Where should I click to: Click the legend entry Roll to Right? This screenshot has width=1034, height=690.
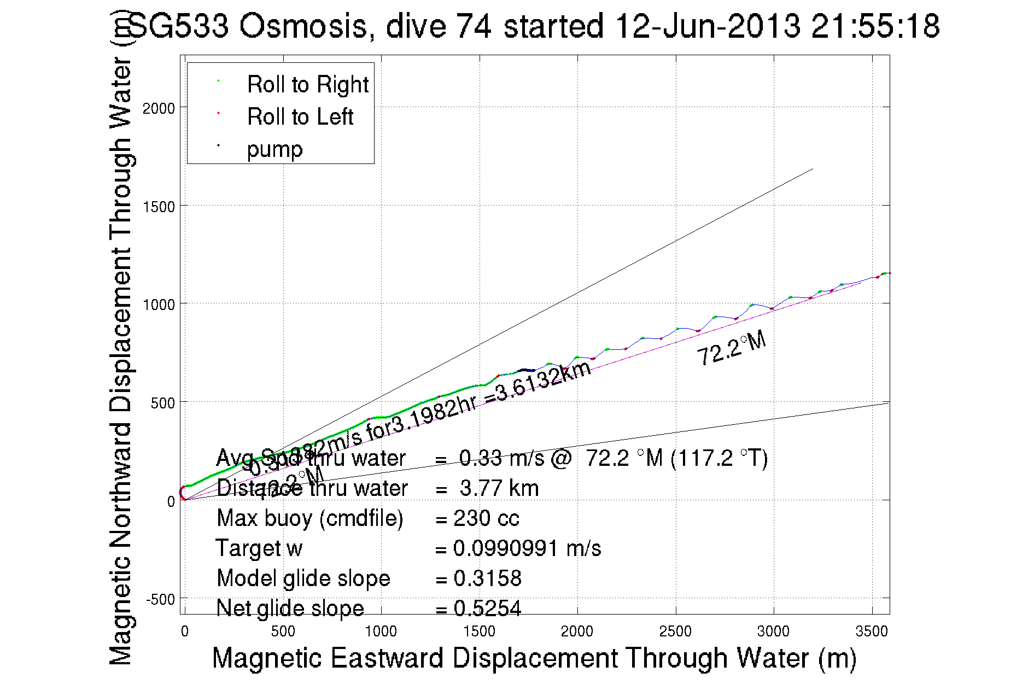307,85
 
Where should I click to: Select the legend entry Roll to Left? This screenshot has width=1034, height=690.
300,117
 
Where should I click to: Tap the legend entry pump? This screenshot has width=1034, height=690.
274,149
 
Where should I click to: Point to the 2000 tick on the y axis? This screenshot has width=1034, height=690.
159,108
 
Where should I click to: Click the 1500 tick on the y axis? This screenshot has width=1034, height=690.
159,207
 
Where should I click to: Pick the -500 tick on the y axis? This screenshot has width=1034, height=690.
160,600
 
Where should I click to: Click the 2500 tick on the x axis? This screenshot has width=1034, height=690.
675,631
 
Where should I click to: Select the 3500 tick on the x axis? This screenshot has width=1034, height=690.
871,631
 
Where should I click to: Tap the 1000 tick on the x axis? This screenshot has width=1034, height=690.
381,631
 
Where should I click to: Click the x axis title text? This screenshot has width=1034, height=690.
534,658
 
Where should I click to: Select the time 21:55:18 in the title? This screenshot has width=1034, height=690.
875,26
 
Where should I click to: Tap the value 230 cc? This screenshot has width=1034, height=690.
486,518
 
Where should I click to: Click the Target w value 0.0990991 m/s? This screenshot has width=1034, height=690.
527,548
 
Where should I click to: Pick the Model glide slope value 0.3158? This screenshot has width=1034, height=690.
487,578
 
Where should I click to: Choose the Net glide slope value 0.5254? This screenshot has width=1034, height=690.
487,609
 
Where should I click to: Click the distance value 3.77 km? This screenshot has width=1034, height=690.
499,488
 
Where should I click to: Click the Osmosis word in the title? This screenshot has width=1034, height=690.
304,26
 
